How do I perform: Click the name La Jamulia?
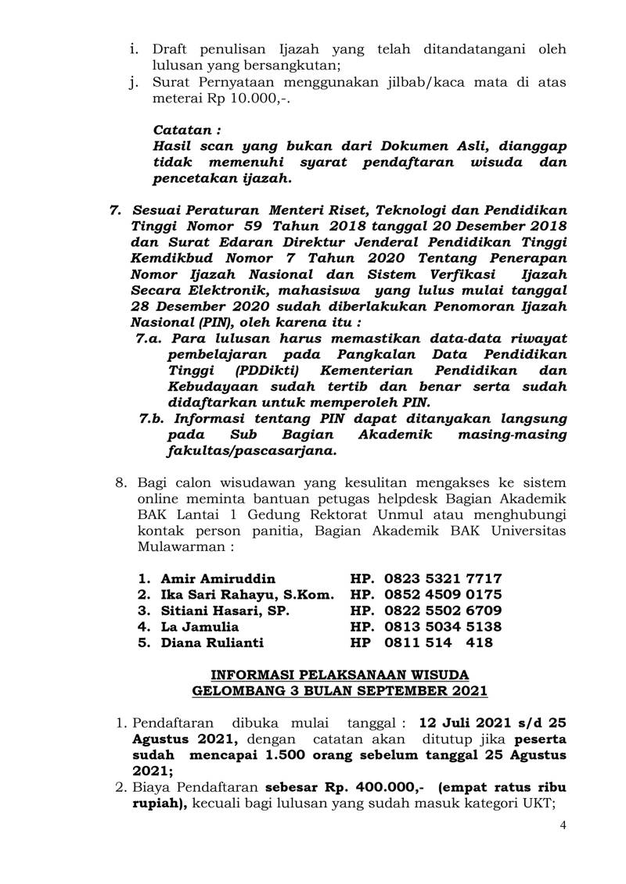200,627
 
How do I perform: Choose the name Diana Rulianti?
213,642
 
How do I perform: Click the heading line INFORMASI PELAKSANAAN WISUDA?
340,675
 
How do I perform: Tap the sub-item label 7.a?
149,338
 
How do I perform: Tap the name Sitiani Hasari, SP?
225,610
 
